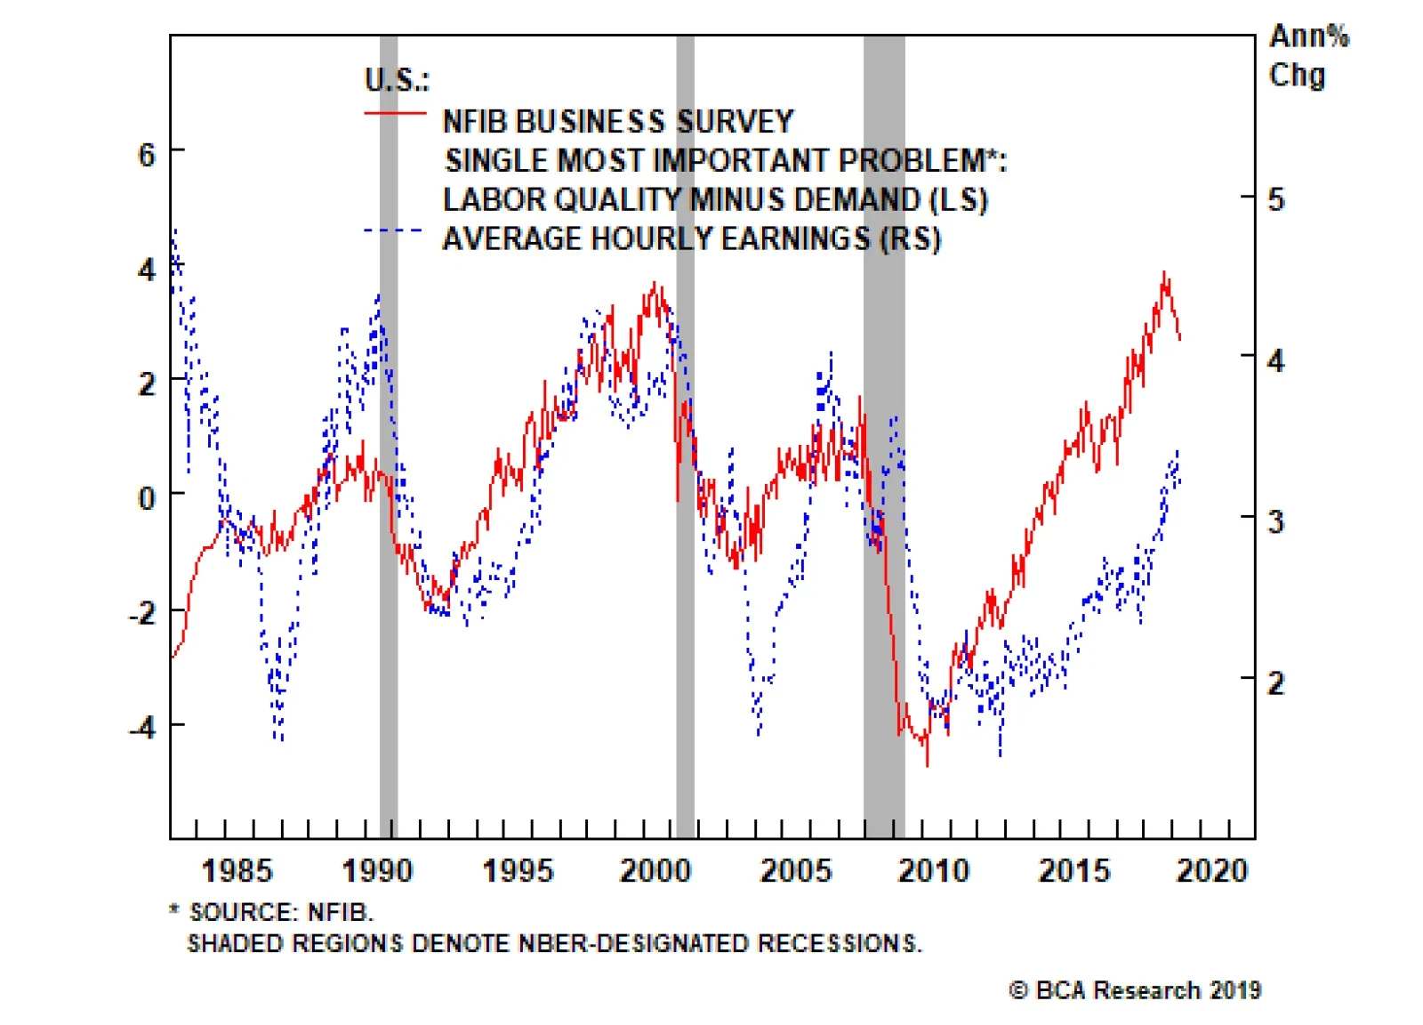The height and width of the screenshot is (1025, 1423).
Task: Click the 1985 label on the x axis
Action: [237, 870]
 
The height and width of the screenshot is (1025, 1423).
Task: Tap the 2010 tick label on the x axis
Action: [934, 870]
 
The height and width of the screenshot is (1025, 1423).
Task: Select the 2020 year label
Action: [1212, 870]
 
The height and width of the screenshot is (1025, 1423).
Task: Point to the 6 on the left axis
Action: [147, 156]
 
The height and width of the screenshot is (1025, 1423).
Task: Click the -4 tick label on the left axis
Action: [142, 728]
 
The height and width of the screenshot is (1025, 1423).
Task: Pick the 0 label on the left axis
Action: [147, 498]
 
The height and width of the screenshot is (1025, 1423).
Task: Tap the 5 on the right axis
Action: [1276, 199]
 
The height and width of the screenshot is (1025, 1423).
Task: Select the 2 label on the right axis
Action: [1276, 683]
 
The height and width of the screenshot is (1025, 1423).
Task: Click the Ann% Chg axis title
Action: [1307, 55]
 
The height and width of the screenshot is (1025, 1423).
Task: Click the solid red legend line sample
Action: [395, 114]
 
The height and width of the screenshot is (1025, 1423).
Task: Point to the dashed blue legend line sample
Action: [395, 231]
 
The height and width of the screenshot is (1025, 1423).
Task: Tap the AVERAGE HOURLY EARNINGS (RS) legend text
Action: [691, 238]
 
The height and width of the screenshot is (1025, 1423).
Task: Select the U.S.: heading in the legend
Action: [397, 80]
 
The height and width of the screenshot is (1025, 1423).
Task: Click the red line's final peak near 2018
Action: [1164, 275]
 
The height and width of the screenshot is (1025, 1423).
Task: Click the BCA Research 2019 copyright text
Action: [1136, 990]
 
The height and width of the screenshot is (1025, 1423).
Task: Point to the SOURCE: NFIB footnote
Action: [281, 912]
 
